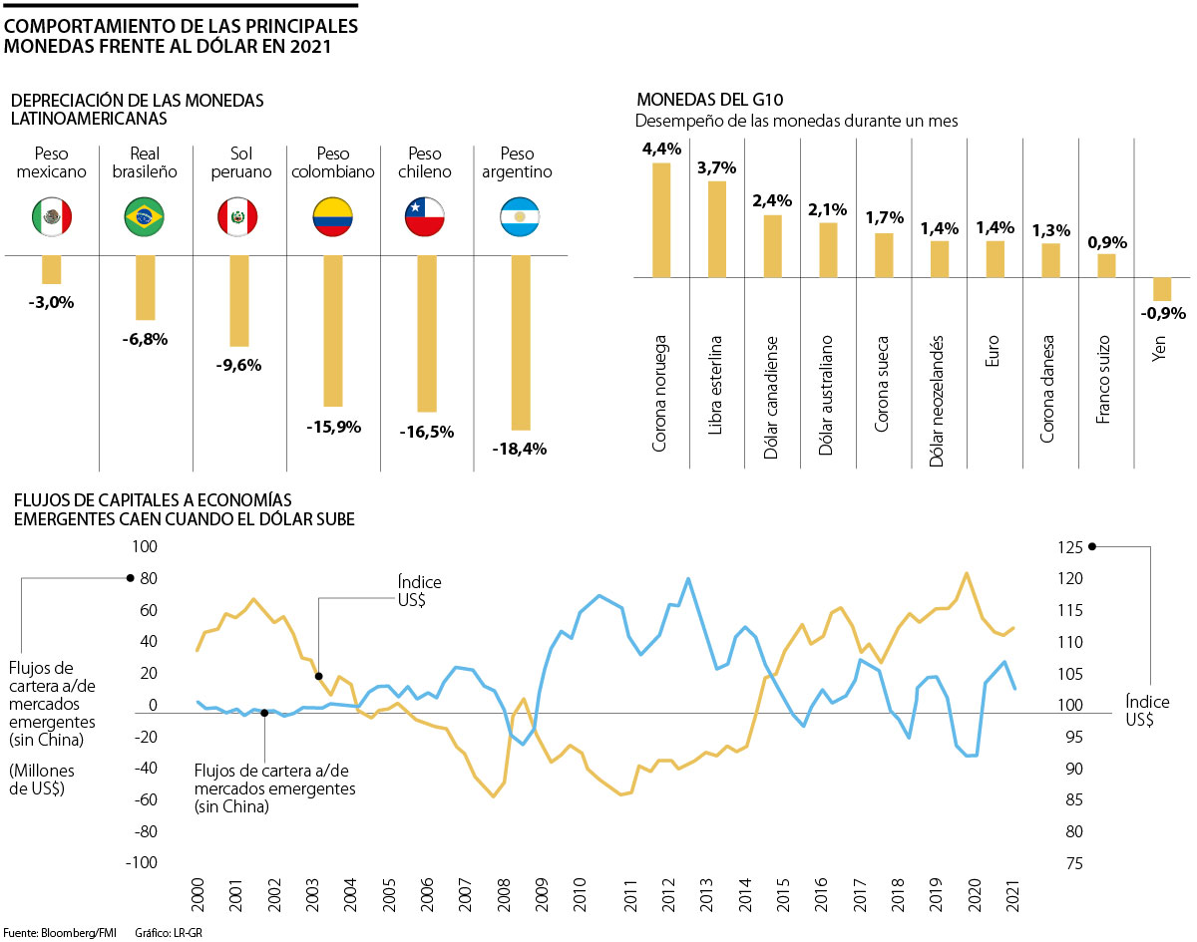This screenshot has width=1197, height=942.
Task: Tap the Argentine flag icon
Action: coord(520,215)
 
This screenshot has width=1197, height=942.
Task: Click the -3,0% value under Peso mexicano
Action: coord(52,302)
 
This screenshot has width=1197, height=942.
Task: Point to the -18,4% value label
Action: coord(520,449)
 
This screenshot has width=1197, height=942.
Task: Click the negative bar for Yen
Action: coord(1162,289)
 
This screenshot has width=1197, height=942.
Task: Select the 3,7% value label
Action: coord(716,167)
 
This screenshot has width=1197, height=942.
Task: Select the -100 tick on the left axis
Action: coord(142,863)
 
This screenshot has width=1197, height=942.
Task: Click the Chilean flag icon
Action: coord(425,215)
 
